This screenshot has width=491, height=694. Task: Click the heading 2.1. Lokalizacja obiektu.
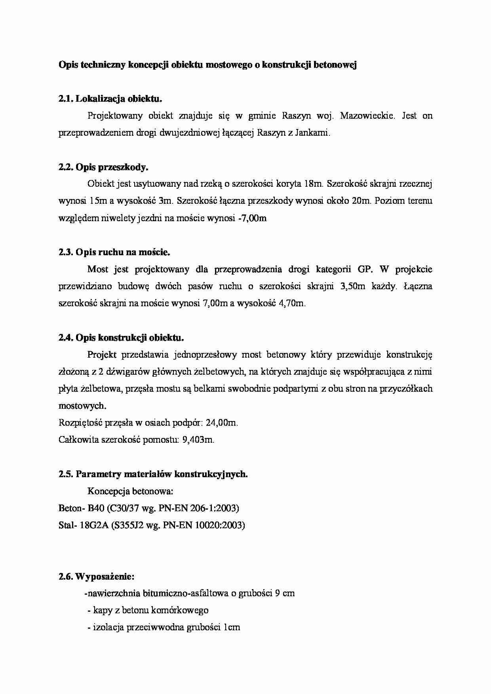click(110, 99)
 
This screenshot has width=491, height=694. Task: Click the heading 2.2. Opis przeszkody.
click(103, 167)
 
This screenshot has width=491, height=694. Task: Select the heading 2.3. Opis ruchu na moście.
click(114, 252)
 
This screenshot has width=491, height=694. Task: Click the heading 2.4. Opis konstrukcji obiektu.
click(121, 338)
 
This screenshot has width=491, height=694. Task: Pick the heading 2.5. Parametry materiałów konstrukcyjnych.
click(153, 474)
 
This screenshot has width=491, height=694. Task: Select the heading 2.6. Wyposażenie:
click(96, 576)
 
